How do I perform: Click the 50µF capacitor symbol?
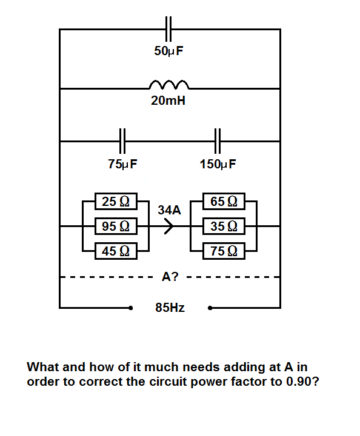168,29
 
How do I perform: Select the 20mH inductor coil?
169,84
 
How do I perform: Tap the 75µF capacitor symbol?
122,141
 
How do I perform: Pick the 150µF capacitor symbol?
218,141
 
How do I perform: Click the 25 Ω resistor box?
116,201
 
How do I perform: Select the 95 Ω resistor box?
116,226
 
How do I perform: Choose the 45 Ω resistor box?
116,251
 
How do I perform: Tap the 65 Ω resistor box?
224,201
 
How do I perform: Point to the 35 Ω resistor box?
224,226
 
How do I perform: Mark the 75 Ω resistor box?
224,251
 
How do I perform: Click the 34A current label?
169,210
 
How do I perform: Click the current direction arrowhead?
168,226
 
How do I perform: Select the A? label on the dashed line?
170,277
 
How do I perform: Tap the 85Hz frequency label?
170,308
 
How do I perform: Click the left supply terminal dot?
130,308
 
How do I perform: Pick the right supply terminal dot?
210,308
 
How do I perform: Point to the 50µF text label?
169,51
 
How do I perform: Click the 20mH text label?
168,101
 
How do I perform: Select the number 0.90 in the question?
299,381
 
